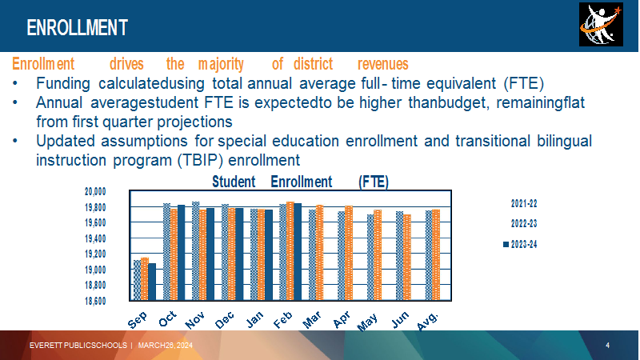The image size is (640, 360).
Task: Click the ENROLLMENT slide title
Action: coord(77,28)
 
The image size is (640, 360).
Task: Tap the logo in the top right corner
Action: coord(601,24)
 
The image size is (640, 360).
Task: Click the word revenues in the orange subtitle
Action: coord(383,64)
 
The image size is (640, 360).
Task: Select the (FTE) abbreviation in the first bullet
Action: coord(524,83)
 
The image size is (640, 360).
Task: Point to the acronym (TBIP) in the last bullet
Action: coord(200,160)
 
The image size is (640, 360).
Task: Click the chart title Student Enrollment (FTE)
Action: coord(301,182)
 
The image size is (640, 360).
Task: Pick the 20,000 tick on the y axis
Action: coord(95,191)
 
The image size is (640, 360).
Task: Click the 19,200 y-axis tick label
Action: coord(95,254)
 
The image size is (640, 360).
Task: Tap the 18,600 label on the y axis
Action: coord(95,301)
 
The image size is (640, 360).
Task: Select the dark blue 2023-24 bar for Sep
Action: coord(152,282)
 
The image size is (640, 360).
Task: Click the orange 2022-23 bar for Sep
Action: coord(145,278)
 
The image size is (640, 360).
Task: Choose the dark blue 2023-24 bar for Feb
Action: coord(298,252)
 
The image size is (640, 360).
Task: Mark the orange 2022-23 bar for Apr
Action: coord(349,253)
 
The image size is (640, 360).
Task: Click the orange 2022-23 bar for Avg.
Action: coord(436,255)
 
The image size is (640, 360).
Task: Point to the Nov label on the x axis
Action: coord(194,320)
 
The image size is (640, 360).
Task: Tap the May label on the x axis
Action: coord(367,322)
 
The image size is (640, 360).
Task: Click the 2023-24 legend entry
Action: coord(520,245)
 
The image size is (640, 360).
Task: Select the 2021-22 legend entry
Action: coord(524,203)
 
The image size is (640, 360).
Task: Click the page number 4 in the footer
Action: coord(607,346)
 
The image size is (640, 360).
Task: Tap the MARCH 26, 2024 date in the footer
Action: coord(166,346)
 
